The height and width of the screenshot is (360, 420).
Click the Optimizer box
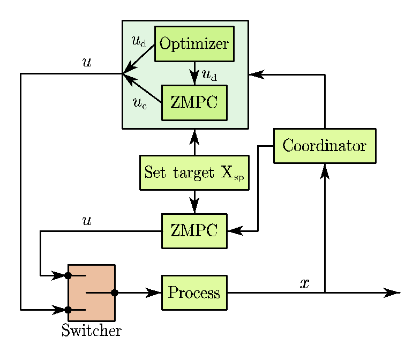point(194,43)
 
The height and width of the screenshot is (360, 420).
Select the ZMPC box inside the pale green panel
point(194,102)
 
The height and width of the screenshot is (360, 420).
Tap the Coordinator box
point(325,146)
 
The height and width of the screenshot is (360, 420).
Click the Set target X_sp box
point(194,172)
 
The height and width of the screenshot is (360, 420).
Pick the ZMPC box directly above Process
point(194,231)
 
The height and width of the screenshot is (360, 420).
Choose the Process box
point(194,292)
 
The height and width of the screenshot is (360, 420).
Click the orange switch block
point(92,292)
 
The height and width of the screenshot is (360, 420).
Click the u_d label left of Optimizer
point(139,41)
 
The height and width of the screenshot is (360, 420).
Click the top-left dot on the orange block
point(69,276)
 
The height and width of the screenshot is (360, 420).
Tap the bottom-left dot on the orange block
point(69,310)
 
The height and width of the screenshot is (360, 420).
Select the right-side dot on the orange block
point(113,292)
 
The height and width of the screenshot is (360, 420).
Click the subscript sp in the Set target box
point(239,177)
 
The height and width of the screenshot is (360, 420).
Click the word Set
point(155,172)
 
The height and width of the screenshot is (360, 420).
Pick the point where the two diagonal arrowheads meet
point(124,73)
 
